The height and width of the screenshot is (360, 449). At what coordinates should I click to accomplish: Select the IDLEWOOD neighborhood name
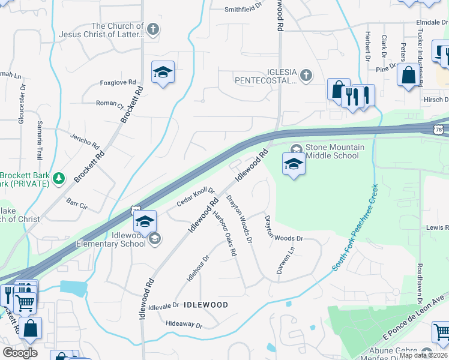pos(205,305)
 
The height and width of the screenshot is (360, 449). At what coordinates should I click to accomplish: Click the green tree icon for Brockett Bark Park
pos(58,178)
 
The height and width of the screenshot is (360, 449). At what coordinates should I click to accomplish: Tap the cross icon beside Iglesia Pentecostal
pos(306,75)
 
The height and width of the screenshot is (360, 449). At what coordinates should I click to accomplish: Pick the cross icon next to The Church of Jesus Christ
pos(153,29)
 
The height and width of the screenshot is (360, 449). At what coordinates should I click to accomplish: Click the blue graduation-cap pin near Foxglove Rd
pos(163,73)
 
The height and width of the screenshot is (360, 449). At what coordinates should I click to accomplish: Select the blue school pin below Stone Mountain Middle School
pos(294,164)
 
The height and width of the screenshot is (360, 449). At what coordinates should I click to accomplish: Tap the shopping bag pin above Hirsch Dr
pos(409,76)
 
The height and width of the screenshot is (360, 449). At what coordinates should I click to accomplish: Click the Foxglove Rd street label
pos(118,83)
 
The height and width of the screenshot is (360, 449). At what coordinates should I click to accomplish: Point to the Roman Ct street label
pos(109,104)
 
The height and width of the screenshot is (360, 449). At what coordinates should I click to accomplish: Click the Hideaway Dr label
pos(184,325)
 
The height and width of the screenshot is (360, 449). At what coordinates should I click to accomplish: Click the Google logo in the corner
pos(20,352)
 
